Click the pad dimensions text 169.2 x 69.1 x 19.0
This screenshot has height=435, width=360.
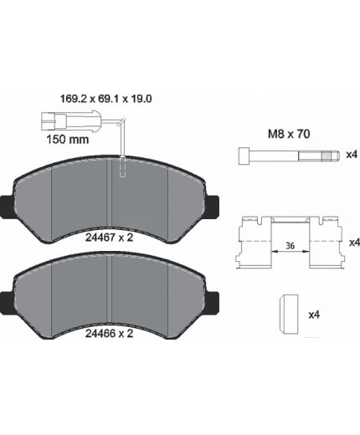click(x=106, y=99)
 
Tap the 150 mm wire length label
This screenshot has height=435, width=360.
click(x=68, y=139)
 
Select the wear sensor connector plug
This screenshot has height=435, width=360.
click(x=71, y=120)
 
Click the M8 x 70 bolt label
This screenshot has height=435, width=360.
click(x=289, y=134)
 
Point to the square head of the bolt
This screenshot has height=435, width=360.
click(x=244, y=156)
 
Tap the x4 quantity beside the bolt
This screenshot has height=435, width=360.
click(x=352, y=154)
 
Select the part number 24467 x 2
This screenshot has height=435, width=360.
click(x=109, y=238)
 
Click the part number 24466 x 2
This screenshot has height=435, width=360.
click(x=109, y=334)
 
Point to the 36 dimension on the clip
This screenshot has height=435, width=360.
click(x=291, y=246)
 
